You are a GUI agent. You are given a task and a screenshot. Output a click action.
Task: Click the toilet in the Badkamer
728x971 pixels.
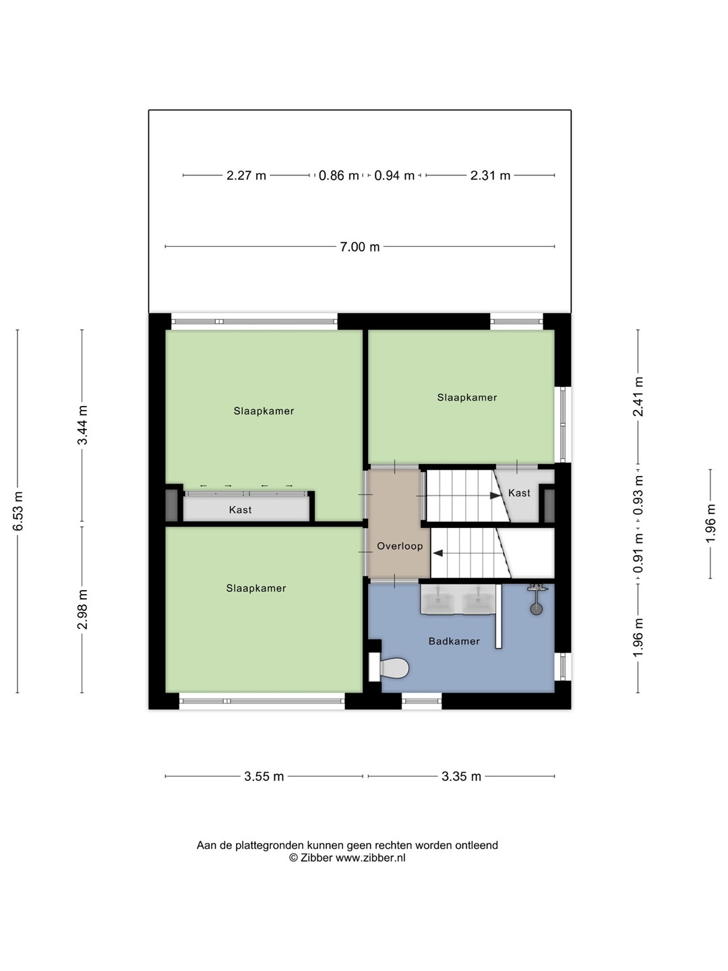(389, 668)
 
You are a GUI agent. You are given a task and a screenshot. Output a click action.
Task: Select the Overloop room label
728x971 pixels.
(400, 546)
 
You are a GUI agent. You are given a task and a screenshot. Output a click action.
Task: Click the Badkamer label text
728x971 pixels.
(454, 641)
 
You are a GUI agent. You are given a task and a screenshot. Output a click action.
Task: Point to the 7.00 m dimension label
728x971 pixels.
(360, 247)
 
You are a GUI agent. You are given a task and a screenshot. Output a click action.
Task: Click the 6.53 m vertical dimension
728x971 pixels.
(18, 511)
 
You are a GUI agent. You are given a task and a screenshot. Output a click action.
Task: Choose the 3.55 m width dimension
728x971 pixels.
(264, 776)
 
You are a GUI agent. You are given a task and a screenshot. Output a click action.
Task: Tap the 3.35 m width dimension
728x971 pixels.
(461, 776)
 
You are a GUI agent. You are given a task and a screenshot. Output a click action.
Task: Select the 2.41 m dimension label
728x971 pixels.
(638, 396)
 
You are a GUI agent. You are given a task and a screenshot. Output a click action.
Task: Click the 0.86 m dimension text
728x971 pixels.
(338, 175)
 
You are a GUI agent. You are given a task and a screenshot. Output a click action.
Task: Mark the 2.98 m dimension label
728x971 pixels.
(83, 609)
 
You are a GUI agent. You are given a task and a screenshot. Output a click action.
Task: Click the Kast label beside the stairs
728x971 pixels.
(519, 493)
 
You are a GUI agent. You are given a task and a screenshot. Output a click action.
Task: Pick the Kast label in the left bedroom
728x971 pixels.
(240, 510)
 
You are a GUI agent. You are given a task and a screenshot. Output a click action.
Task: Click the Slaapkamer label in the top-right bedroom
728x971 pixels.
(466, 397)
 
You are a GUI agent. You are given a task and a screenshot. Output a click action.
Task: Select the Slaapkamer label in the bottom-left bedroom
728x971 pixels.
(256, 588)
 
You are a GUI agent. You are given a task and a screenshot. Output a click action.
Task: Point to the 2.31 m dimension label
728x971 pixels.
(490, 175)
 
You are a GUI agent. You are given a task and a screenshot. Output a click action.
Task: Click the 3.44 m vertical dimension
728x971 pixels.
(83, 425)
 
